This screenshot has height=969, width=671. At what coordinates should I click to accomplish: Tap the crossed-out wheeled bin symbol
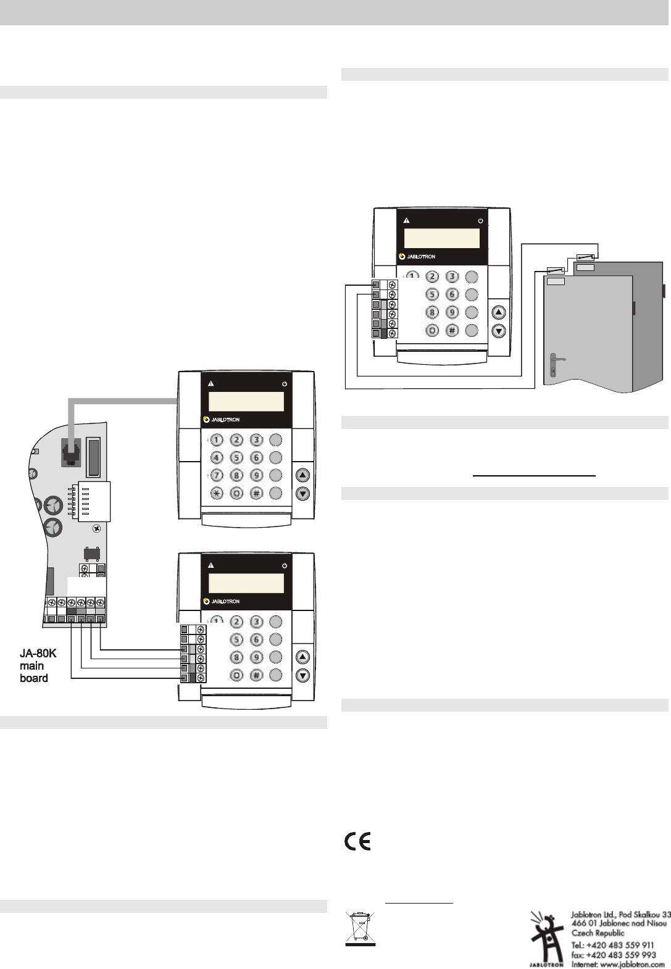tap(360, 928)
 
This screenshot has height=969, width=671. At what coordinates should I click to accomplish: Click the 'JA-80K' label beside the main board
tap(38, 654)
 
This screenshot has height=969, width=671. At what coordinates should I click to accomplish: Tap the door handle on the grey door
tap(556, 358)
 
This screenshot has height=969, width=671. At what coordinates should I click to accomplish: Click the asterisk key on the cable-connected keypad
tap(217, 493)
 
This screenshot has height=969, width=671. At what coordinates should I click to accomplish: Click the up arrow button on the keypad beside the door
tap(498, 312)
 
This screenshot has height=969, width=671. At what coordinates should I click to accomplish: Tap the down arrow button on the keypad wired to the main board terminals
tap(302, 676)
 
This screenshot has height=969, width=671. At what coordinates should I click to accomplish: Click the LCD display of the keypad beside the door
tap(441, 238)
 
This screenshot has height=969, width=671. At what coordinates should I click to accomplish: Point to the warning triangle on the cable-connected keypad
tap(211, 384)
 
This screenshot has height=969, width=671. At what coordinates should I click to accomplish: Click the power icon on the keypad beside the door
tap(480, 220)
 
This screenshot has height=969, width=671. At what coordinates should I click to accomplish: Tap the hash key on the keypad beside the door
tap(452, 331)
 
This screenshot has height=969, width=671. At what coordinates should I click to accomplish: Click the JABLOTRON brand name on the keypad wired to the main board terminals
tap(225, 601)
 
